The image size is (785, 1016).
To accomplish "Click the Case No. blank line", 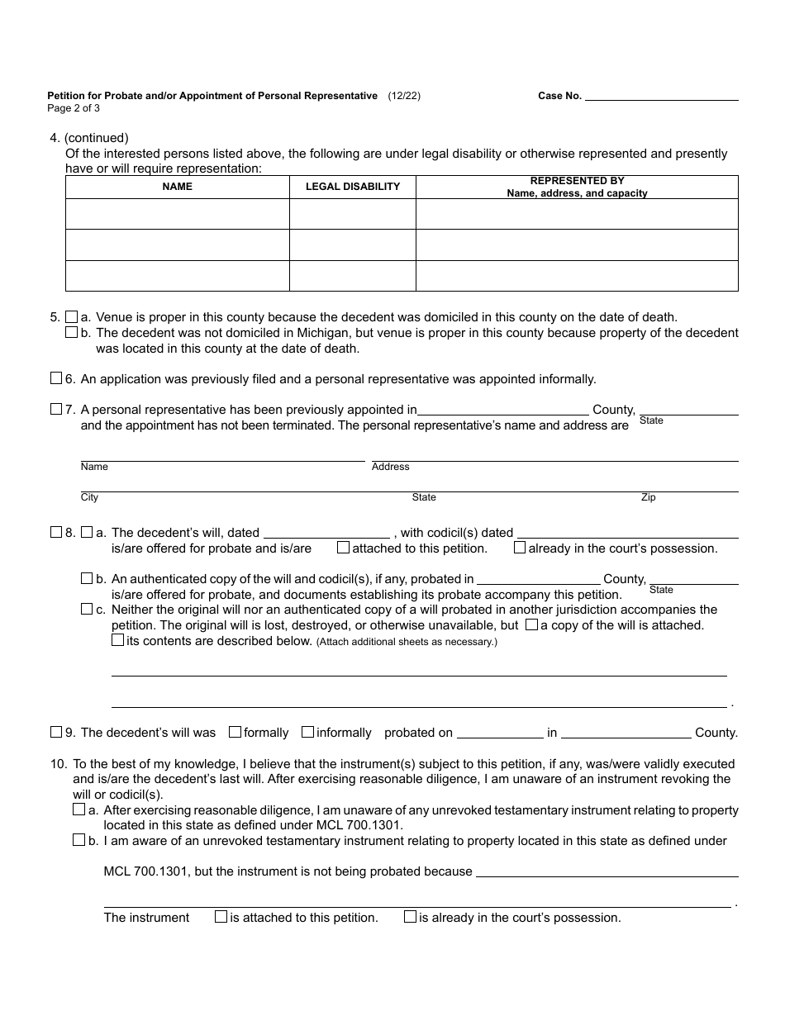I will [x=661, y=96].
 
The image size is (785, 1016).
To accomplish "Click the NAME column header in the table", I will [x=177, y=187].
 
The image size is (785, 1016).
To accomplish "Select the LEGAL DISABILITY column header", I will [x=353, y=187].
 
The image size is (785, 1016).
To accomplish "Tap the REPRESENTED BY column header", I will [x=577, y=187].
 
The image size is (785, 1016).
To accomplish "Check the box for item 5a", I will [x=72, y=316].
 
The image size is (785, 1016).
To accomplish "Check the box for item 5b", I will [x=72, y=332].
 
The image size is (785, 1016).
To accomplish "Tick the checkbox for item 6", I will [x=56, y=378].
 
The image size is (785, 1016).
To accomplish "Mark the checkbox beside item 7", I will [x=56, y=409].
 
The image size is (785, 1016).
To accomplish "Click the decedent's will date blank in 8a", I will [x=326, y=534].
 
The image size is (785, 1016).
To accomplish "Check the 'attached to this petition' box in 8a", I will [x=343, y=548].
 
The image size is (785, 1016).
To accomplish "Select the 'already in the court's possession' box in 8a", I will [x=520, y=548].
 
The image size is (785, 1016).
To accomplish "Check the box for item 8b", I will [x=87, y=578].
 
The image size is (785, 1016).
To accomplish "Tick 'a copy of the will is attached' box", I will [x=531, y=624].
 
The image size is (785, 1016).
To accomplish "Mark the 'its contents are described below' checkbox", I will [x=118, y=640].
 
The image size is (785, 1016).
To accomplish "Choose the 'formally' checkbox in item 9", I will [x=235, y=732].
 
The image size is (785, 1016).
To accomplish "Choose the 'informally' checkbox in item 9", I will [x=307, y=732].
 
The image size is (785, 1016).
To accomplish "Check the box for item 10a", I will [x=79, y=809].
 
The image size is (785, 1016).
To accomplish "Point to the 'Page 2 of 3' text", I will [x=74, y=108].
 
